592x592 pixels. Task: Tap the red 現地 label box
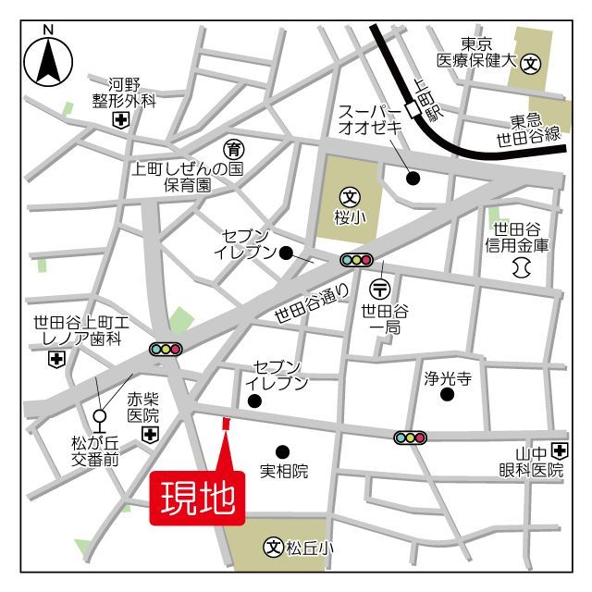(x=198, y=499)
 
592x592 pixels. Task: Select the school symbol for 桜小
(x=351, y=196)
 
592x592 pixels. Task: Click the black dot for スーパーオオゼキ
(x=413, y=178)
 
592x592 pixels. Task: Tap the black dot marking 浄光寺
(x=448, y=395)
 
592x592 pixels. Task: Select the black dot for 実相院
(x=282, y=451)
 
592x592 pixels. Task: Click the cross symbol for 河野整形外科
(x=120, y=120)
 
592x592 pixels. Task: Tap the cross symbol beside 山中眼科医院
(x=559, y=450)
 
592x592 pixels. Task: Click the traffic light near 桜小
(x=357, y=260)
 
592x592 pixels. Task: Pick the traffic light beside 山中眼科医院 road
(x=410, y=437)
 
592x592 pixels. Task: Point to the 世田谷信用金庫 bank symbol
(x=519, y=267)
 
